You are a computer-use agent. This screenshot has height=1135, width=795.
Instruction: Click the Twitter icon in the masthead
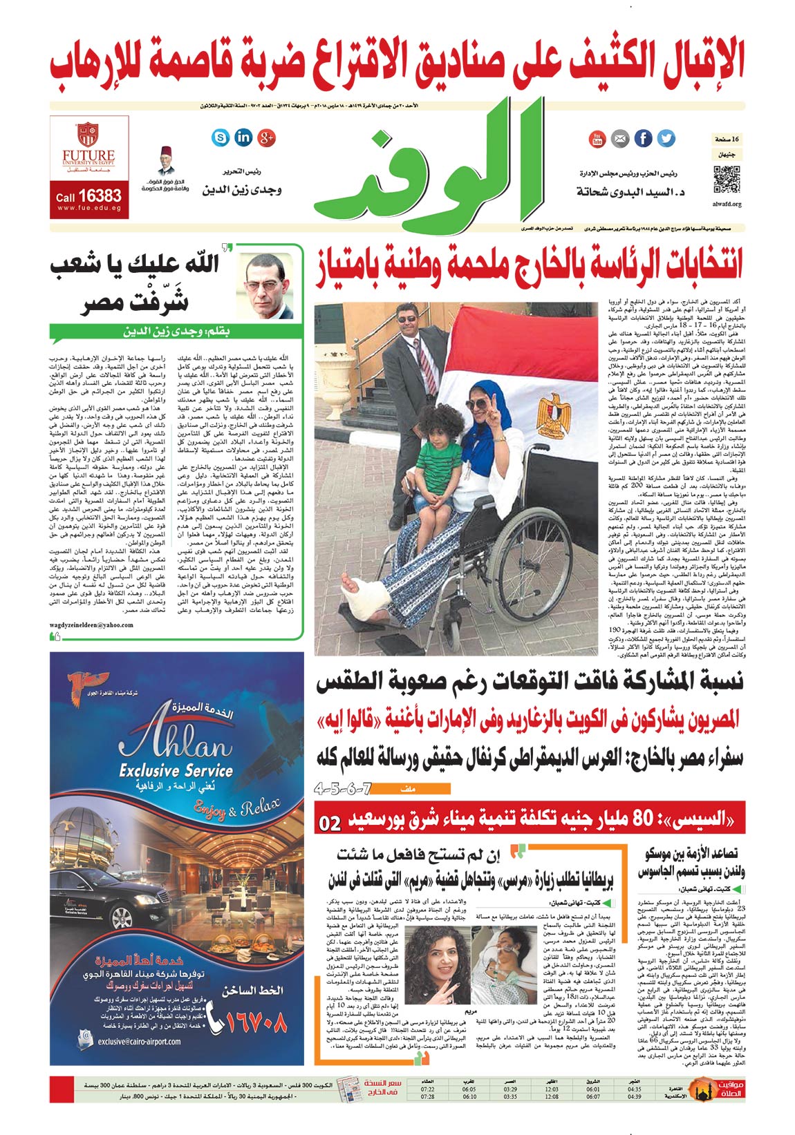tap(666, 138)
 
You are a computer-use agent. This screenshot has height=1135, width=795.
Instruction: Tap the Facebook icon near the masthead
tap(643, 138)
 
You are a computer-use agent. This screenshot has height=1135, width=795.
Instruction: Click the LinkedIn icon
tap(243, 137)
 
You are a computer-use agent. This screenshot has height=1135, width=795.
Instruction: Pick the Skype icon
tap(221, 137)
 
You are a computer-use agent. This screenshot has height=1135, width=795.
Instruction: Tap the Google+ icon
tap(266, 137)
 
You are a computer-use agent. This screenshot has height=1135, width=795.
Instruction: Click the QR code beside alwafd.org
tap(727, 180)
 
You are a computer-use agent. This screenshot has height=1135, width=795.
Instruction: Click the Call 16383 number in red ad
tap(88, 197)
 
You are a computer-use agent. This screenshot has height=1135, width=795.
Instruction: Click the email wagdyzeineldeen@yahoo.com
tap(91, 624)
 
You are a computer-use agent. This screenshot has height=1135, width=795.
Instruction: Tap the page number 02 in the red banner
tap(330, 823)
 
